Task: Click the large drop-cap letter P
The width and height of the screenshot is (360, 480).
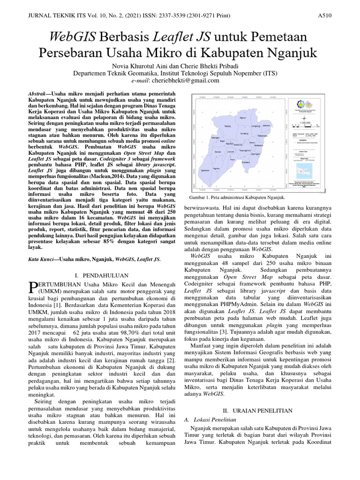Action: [33, 287]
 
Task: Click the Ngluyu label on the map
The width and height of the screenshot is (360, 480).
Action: [242, 118]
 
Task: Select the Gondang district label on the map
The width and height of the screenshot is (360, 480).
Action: [244, 133]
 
